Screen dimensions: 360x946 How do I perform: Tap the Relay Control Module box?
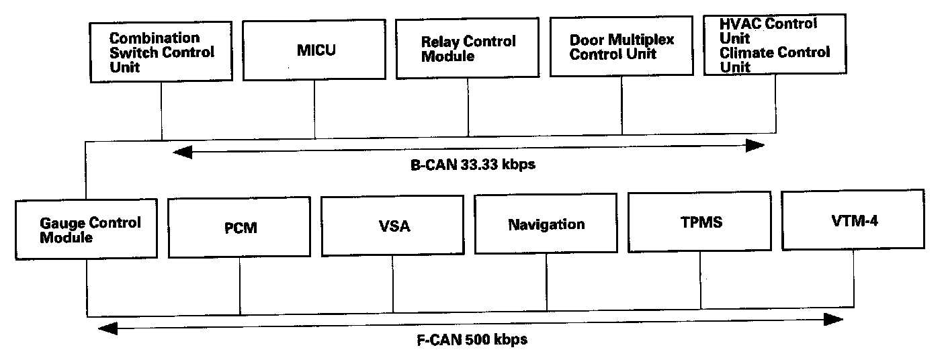468,49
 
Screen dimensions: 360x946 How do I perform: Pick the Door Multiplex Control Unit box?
621,47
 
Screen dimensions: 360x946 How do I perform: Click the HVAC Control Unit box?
775,45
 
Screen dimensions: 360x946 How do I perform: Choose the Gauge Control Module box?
86,229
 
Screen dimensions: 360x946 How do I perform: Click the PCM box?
240,228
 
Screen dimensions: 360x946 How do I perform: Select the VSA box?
393,226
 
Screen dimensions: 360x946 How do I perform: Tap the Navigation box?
546,224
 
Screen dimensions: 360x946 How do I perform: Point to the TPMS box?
700,222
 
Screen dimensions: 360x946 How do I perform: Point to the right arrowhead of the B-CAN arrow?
757,146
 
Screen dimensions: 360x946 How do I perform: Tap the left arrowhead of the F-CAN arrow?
105,328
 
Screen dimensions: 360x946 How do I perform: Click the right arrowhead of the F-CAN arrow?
836,319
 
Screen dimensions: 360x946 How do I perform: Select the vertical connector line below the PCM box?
240,286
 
